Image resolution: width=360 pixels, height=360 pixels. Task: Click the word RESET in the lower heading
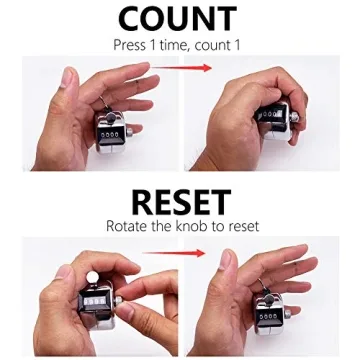181,201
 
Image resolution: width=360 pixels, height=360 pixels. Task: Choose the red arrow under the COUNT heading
181,69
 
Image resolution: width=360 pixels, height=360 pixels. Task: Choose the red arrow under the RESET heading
181,253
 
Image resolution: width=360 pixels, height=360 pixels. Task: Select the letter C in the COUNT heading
133,19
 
